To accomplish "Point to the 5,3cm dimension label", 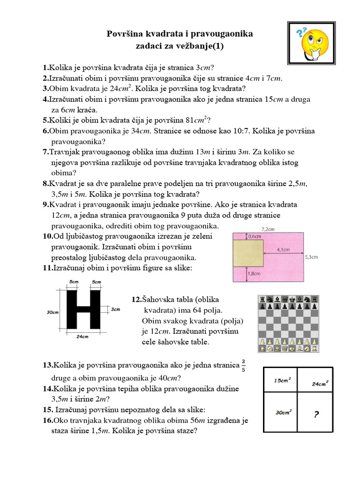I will pos(311,257).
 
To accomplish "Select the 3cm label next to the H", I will pos(116,309).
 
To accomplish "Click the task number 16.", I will pos(49,420).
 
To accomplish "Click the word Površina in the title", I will pos(127,34).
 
